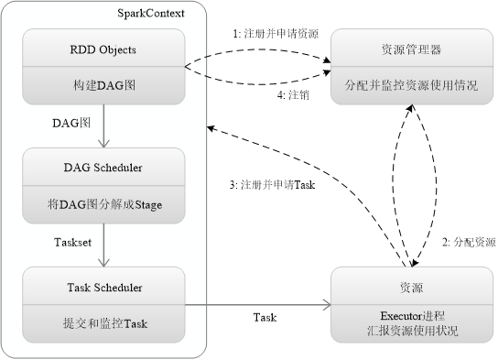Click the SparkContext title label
point(150,13)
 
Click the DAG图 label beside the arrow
point(71,122)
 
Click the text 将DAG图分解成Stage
point(104,204)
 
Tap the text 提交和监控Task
point(104,323)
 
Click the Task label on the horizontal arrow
point(265,317)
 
